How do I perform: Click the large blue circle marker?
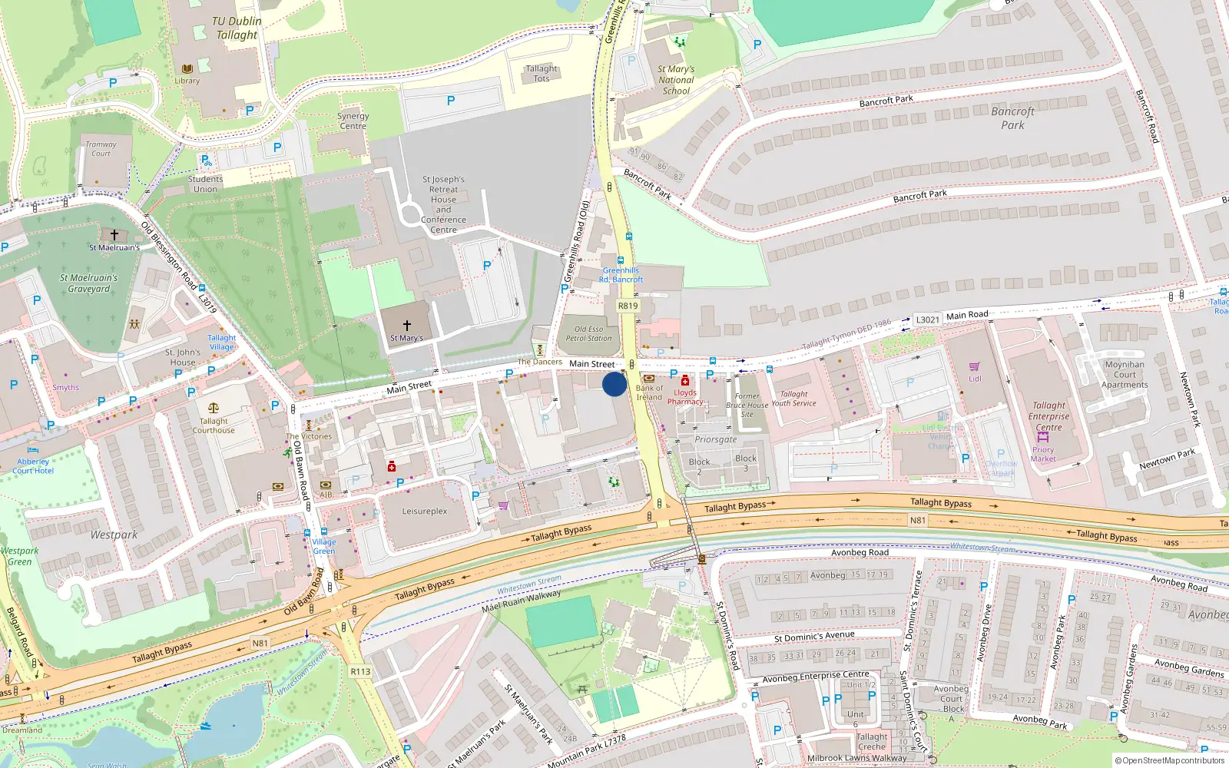[x=614, y=384]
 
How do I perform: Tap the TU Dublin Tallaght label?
[x=237, y=28]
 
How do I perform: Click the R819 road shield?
[x=628, y=306]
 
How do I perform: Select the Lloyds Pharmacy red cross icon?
[x=685, y=380]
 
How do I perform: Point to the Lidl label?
[x=975, y=379]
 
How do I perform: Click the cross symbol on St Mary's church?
[x=406, y=326]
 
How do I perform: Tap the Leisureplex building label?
[x=425, y=511]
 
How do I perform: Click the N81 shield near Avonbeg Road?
[x=917, y=520]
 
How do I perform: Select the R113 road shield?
[x=360, y=671]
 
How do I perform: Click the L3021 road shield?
[x=927, y=319]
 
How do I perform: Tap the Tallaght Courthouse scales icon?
[x=214, y=409]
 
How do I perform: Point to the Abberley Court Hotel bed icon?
[x=32, y=451]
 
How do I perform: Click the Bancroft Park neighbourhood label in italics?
[x=1012, y=118]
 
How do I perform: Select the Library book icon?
[x=187, y=70]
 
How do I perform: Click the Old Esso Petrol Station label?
[x=589, y=333]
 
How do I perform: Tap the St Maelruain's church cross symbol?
[x=114, y=235]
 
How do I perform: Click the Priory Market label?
[x=1043, y=455]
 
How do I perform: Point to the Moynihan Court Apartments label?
[x=1125, y=375]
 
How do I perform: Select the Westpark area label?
[x=114, y=535]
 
